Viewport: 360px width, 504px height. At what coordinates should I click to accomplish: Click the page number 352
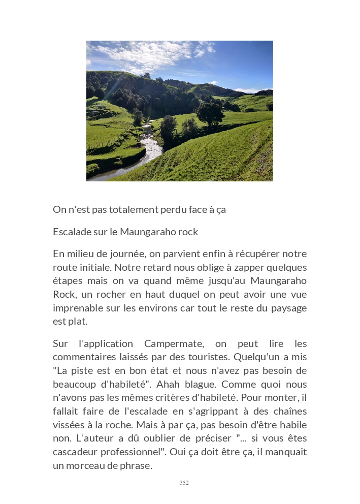(x=184, y=483)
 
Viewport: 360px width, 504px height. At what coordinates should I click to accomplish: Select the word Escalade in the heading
(x=71, y=232)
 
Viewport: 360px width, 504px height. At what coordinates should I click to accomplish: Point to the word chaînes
(x=288, y=411)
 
